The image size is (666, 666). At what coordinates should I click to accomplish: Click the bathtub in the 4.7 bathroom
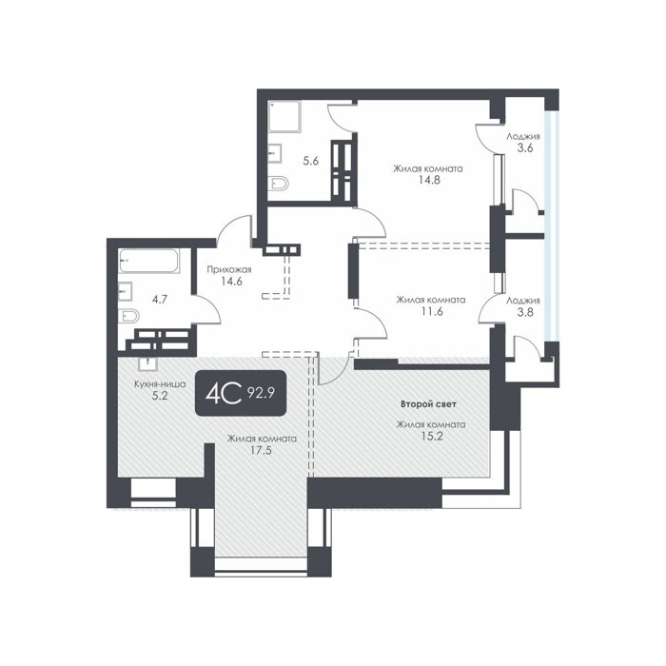(149, 261)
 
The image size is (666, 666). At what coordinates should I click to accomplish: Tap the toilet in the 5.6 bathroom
(278, 183)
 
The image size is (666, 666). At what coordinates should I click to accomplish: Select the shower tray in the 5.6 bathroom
(284, 116)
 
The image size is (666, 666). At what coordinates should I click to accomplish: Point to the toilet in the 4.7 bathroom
(128, 316)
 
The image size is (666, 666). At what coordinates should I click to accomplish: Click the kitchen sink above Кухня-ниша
(147, 363)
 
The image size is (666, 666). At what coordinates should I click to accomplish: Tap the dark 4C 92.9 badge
(241, 393)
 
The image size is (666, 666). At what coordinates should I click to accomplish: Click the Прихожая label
(229, 269)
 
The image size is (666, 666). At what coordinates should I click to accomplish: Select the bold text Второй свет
(428, 404)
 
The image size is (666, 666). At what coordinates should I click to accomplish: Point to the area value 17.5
(261, 451)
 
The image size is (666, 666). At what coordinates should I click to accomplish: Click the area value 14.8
(428, 180)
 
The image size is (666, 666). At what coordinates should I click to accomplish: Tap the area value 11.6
(431, 311)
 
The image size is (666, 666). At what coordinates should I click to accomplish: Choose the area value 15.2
(431, 436)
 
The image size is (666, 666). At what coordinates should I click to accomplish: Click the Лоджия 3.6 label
(523, 143)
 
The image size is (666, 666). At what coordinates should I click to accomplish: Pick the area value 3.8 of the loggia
(525, 313)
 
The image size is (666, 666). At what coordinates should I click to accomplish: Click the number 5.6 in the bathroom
(310, 162)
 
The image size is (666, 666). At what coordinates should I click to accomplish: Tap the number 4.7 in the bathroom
(160, 300)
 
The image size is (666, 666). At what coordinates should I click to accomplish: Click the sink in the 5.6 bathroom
(275, 153)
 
